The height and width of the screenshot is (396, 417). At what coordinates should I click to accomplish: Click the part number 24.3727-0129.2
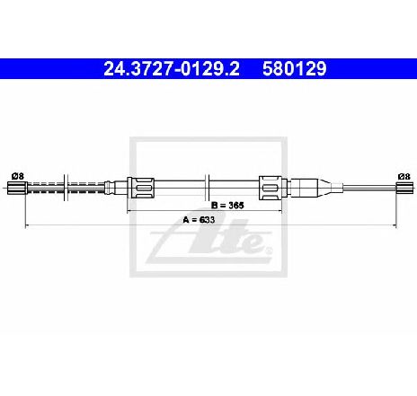[x=172, y=69]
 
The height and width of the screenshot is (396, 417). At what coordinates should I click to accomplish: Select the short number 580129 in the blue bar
[x=295, y=69]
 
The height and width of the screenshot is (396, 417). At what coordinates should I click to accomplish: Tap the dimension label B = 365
[x=227, y=205]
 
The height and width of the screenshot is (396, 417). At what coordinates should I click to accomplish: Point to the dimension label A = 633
[x=199, y=220]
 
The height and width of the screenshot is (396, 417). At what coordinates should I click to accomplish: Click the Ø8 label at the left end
[x=18, y=176]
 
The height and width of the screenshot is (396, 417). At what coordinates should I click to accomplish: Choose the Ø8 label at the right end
[x=404, y=176]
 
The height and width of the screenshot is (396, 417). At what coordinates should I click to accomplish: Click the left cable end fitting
[x=18, y=188]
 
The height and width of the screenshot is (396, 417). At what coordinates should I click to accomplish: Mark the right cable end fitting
[x=405, y=188]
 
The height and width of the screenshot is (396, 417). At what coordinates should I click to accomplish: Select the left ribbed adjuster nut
[x=141, y=188]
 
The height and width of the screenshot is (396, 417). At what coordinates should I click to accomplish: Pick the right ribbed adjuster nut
[x=271, y=188]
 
